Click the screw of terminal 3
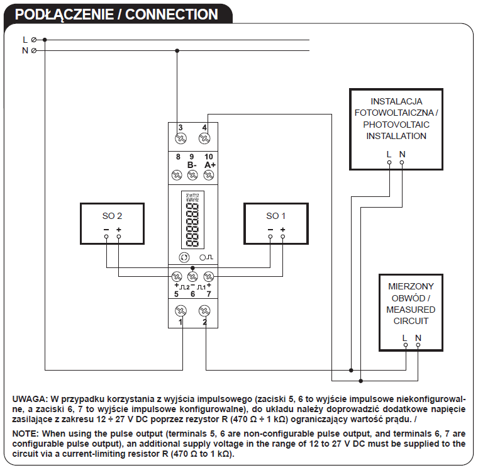click(x=181, y=138)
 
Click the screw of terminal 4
click(x=204, y=138)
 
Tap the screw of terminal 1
click(x=181, y=310)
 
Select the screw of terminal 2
click(x=204, y=310)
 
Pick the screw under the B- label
click(x=192, y=175)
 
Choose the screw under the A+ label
click(x=209, y=175)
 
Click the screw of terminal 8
click(x=177, y=175)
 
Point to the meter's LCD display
click(x=192, y=220)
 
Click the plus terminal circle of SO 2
click(x=119, y=237)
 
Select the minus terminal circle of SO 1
click(x=270, y=237)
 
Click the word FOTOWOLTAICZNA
click(x=396, y=113)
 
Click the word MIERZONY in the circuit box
click(x=411, y=286)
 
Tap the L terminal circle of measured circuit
click(x=406, y=345)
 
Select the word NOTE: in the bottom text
click(x=27, y=434)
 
